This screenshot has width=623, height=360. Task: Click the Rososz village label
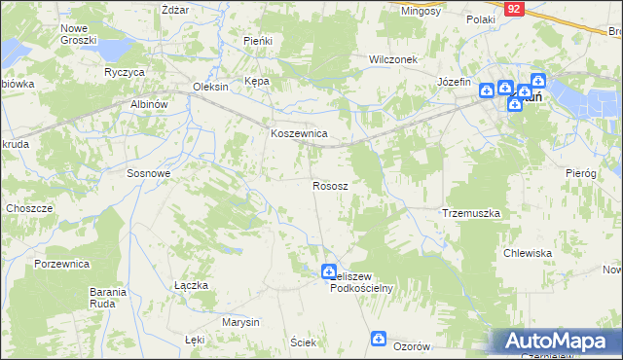point(331,185)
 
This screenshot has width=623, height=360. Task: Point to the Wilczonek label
point(392,59)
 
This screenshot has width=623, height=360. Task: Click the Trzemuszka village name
point(471,212)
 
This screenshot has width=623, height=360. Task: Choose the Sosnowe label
point(149,172)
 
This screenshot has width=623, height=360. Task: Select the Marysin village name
point(240,322)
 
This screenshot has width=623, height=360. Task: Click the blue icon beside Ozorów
point(379,339)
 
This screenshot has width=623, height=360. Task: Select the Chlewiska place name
point(528,253)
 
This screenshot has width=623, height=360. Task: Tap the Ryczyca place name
point(125,73)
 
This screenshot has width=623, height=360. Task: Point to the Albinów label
point(150,103)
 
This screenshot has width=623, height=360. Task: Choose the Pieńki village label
point(257,41)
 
